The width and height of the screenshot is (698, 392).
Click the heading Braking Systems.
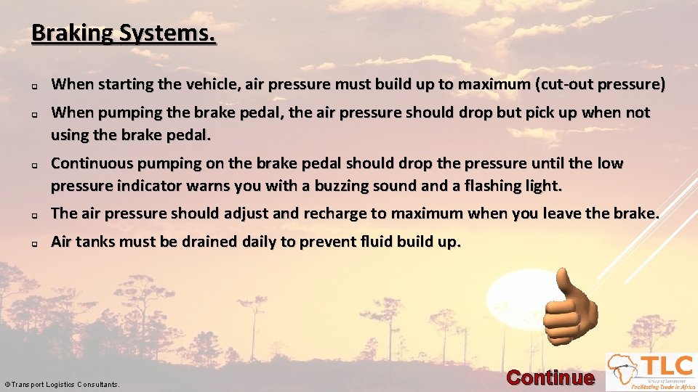point(124,33)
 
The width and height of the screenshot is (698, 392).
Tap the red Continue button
point(550,377)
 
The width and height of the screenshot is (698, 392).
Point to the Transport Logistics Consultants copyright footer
point(62,384)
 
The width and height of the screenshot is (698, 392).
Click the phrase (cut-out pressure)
point(600,84)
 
